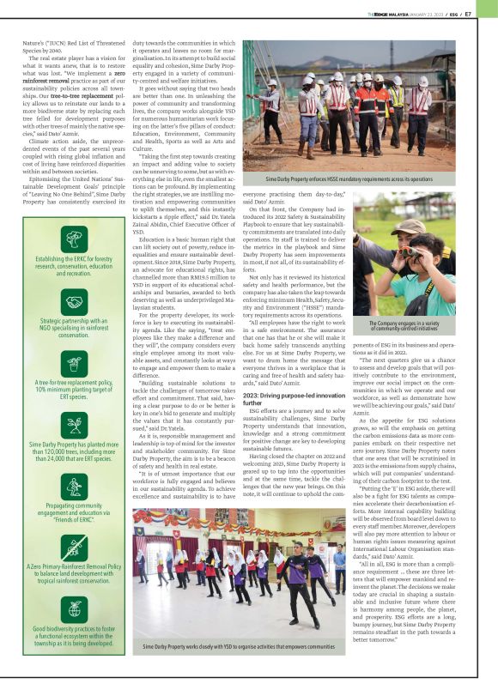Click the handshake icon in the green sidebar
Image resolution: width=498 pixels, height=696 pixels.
tap(75, 303)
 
